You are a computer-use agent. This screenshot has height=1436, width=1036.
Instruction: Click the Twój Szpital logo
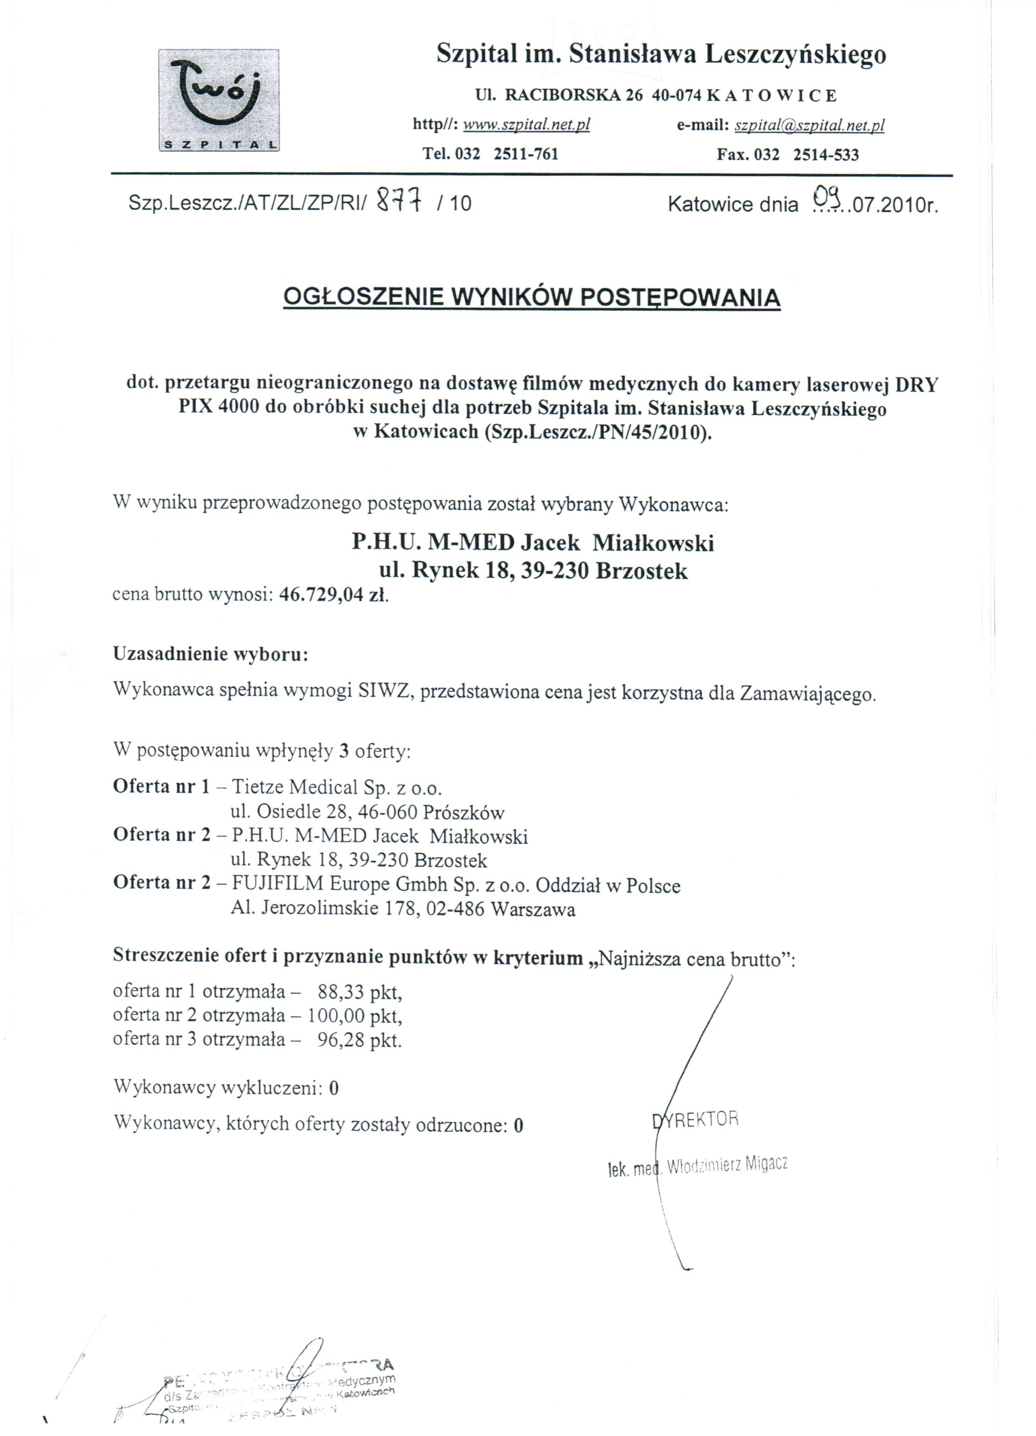pyautogui.click(x=218, y=100)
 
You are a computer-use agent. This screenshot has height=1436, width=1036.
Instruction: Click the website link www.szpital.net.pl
pyautogui.click(x=526, y=125)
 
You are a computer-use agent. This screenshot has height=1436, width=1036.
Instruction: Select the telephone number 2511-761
pyautogui.click(x=526, y=154)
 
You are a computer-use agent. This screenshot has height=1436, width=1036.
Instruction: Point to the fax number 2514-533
pyautogui.click(x=826, y=155)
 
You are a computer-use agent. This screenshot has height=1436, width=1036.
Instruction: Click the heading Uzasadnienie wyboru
pyautogui.click(x=210, y=653)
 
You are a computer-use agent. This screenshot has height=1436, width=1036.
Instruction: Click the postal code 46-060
pyautogui.click(x=387, y=812)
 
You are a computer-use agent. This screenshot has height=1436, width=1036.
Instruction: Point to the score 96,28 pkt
pyautogui.click(x=359, y=1040)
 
